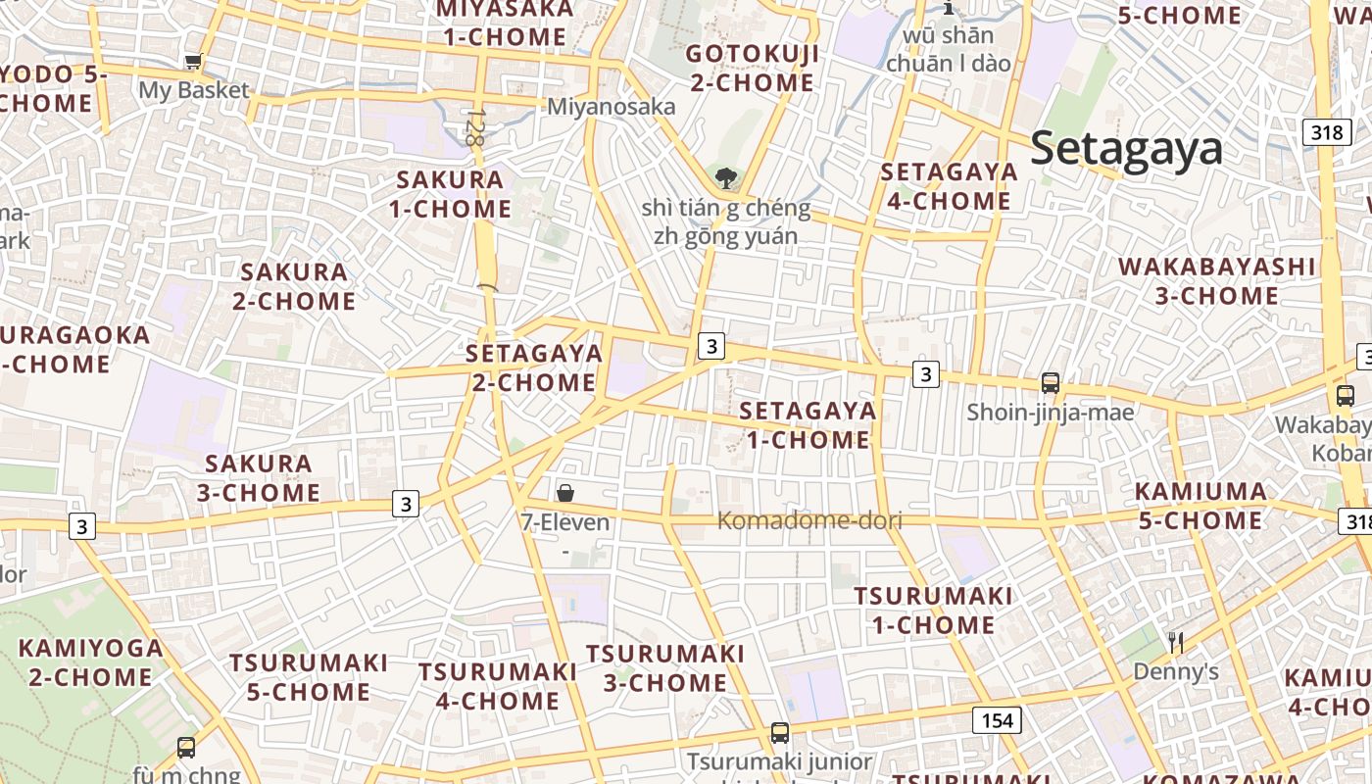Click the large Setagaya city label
click(x=1126, y=149)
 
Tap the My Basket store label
click(x=194, y=90)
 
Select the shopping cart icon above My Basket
click(x=194, y=62)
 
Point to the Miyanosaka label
click(x=612, y=106)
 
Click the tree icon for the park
click(x=726, y=178)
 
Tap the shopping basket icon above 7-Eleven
click(x=565, y=493)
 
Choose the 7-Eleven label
click(x=565, y=522)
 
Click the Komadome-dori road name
click(x=809, y=520)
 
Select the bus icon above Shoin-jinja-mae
click(x=1051, y=383)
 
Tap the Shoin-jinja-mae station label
click(x=1051, y=413)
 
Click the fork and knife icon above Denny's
click(x=1176, y=643)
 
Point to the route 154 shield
click(x=997, y=721)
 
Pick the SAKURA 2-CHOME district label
click(x=294, y=286)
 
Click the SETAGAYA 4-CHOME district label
click(x=949, y=186)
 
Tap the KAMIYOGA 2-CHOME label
click(x=91, y=662)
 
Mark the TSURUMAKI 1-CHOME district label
click(x=933, y=610)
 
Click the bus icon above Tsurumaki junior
click(x=780, y=732)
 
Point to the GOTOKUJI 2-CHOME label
click(x=752, y=68)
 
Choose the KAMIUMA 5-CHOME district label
click(x=1200, y=506)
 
